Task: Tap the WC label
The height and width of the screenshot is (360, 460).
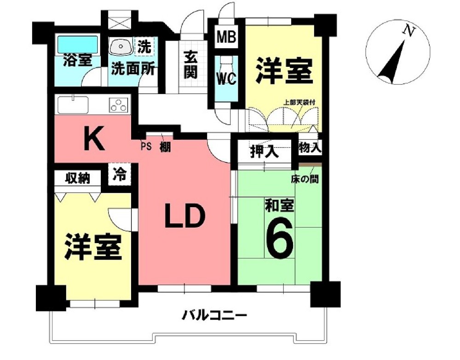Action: pos(226,78)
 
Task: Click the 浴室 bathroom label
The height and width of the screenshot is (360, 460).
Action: pos(77,60)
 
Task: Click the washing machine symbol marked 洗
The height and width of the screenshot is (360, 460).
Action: pos(144,46)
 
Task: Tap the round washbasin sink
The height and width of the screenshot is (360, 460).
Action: pos(121,46)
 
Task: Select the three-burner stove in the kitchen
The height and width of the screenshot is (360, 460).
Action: pos(118,105)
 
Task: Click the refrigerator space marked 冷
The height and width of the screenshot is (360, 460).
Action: pos(120,174)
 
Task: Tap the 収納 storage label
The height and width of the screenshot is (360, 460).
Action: pos(77,177)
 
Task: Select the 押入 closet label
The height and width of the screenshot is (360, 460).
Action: pos(264,152)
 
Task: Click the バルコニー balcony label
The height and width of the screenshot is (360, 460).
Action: pos(215,316)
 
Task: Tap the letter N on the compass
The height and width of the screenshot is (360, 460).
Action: pos(407,31)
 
